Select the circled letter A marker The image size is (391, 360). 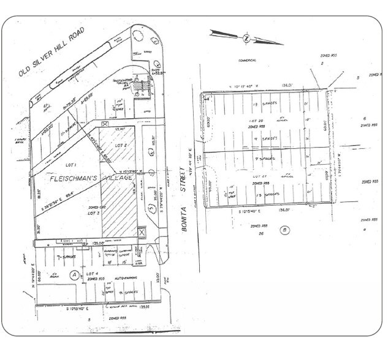[75, 275]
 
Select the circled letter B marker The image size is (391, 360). [285, 230]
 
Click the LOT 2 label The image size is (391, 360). [121, 145]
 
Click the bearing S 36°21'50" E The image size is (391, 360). [57, 196]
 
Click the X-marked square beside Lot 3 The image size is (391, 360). [142, 233]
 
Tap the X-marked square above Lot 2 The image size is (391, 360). [105, 124]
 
